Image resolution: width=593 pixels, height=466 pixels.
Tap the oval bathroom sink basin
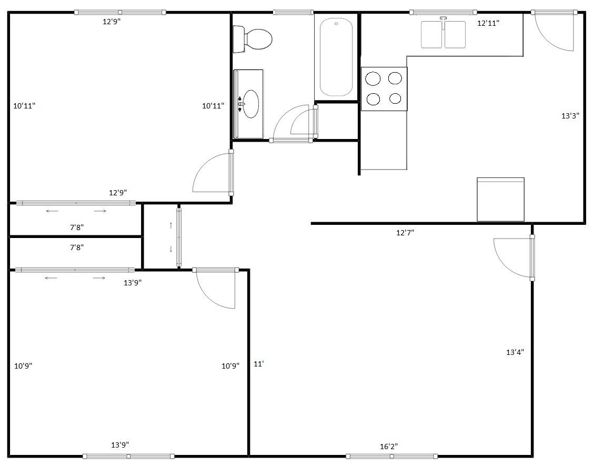pos(250,104)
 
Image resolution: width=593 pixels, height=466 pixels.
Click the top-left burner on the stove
pos(373,78)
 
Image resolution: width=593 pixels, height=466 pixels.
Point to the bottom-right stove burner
pos(395,98)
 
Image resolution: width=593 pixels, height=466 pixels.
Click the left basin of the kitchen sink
pos(431,35)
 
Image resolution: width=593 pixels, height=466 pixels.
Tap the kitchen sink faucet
pos(444,21)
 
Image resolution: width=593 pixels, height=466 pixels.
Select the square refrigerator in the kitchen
pos(500,200)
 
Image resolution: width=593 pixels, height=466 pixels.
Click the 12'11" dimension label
pos(488,23)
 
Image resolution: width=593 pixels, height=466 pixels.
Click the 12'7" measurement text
pos(405,232)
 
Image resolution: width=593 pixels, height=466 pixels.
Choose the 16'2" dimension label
pos(389,447)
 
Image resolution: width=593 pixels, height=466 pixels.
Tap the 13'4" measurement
pos(515,352)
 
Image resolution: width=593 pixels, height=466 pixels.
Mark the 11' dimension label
pos(258,363)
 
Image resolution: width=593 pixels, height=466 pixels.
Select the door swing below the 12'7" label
pos(513,257)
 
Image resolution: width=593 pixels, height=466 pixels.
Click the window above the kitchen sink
pos(443,12)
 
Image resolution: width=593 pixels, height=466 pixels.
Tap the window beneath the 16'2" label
pos(391,456)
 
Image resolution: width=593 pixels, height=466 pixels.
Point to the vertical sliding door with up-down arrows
pos(178,238)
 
